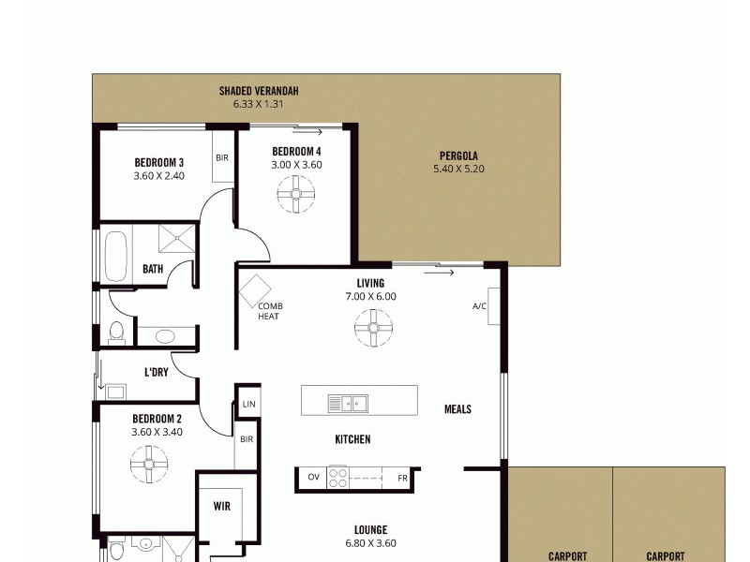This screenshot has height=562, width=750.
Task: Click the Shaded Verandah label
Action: pos(259,91)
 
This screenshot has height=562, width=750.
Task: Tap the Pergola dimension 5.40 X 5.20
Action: pos(458,170)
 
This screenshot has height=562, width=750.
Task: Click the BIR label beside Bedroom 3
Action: pos(222,157)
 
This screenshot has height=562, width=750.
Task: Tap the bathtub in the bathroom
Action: pos(116,256)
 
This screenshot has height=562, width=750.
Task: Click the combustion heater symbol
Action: pos(254,291)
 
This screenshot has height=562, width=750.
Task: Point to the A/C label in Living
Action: pos(479,307)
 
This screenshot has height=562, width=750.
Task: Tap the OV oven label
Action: pos(313,477)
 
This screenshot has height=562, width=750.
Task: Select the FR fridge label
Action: pos(402,477)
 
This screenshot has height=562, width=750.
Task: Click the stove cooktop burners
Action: pos(337,477)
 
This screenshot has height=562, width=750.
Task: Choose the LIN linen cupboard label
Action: pos(247,404)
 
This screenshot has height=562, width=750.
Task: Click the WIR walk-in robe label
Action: pos(222,506)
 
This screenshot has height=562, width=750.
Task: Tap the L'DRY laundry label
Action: pos(156,372)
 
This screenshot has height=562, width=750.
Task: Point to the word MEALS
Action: pos(457,409)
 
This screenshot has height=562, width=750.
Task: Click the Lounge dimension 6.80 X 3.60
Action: pos(371,543)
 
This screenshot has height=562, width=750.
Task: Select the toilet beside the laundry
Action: pos(116,333)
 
